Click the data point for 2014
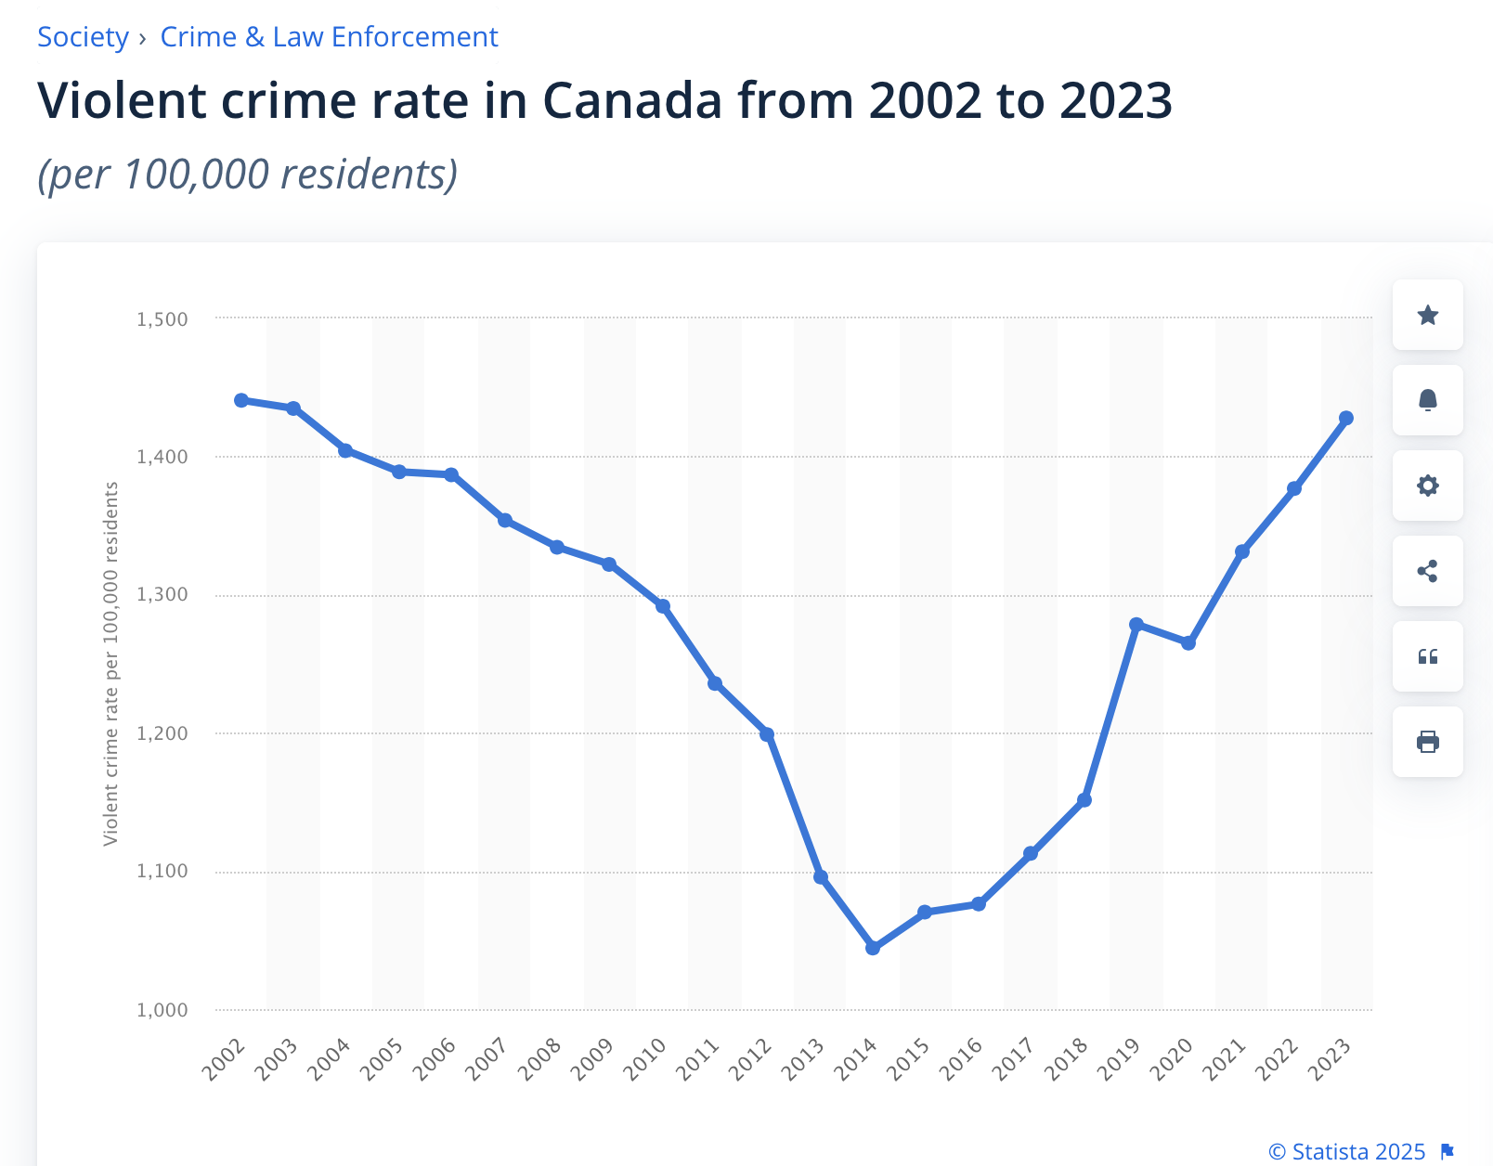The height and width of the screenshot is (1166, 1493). (873, 948)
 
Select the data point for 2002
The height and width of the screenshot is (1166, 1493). (241, 400)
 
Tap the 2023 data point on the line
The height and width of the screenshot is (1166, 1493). (1346, 419)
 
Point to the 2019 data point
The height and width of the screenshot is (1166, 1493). (1136, 625)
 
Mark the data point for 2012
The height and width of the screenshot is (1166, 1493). (767, 734)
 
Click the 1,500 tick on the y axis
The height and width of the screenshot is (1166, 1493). (162, 319)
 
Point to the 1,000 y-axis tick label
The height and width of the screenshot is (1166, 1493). (162, 1010)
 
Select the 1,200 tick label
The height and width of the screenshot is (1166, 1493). (162, 733)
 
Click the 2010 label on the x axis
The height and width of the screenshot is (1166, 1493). (645, 1058)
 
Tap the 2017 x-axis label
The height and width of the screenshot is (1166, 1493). (1013, 1058)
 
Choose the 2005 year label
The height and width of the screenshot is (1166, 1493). (382, 1058)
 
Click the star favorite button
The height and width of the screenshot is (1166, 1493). (1428, 316)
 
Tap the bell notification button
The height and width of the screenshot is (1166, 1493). (1428, 400)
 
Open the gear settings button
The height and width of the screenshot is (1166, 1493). (1428, 486)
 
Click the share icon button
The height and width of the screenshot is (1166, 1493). (1428, 571)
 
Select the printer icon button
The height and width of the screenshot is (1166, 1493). (1428, 742)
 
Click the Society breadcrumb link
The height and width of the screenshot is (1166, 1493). (83, 37)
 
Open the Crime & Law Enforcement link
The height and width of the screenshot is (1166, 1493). (329, 37)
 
